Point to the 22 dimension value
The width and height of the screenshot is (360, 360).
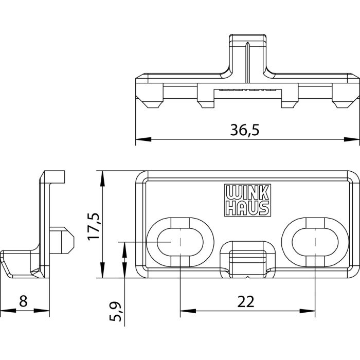click(x=247, y=301)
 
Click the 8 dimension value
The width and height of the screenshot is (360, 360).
click(x=23, y=301)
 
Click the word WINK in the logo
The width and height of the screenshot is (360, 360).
click(x=247, y=192)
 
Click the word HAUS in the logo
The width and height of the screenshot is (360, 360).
click(x=247, y=208)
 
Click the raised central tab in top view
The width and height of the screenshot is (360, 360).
click(x=249, y=54)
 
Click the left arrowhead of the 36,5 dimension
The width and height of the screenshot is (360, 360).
click(x=140, y=139)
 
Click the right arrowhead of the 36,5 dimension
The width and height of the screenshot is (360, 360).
click(x=355, y=139)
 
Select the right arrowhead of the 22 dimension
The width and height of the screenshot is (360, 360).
click(x=311, y=311)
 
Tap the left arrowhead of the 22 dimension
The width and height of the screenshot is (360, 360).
click(x=184, y=311)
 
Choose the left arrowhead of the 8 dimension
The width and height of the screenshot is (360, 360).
click(x=4, y=311)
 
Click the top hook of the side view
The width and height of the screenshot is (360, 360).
click(x=55, y=177)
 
